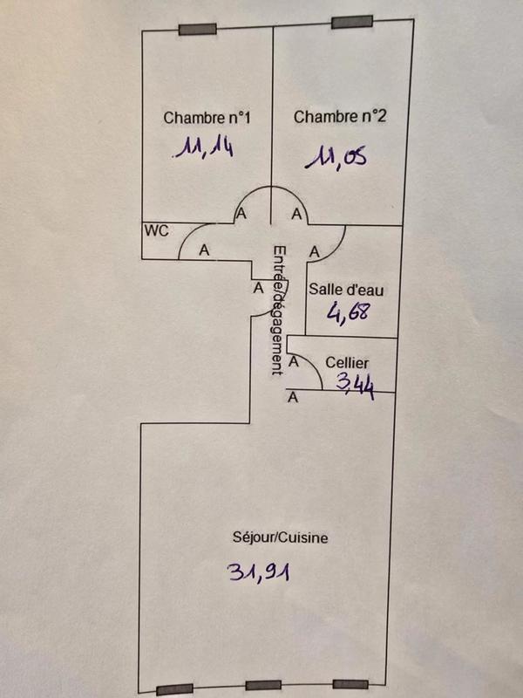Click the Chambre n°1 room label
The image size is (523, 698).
(x=195, y=118)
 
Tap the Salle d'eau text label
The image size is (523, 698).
(x=347, y=291)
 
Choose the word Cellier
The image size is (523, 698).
(x=347, y=362)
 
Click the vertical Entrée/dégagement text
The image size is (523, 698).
(x=278, y=309)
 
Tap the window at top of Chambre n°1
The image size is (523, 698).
(x=197, y=30)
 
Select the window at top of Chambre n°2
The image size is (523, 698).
(x=352, y=22)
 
